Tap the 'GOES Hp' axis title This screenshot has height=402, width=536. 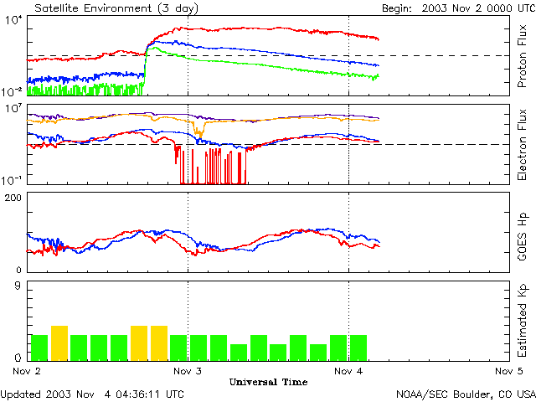coord(521,232)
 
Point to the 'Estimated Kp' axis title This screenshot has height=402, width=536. coord(521,321)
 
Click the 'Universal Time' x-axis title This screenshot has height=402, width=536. coord(268,382)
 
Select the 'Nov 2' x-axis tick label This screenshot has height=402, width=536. coord(27,370)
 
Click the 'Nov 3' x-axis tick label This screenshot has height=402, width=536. coord(188,370)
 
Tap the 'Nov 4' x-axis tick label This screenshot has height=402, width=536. coord(348,370)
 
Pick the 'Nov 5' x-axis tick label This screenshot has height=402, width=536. coord(508,370)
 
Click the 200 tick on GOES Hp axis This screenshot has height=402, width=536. coord(14,198)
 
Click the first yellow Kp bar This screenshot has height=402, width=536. coord(59,342)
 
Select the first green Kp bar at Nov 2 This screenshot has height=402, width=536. coord(39,346)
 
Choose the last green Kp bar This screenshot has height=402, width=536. coord(358,346)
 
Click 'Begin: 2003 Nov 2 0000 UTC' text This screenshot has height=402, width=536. coord(446,7)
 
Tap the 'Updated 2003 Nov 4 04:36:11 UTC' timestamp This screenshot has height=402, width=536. coord(92,393)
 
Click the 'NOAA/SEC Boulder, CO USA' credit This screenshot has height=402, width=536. coord(466,393)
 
